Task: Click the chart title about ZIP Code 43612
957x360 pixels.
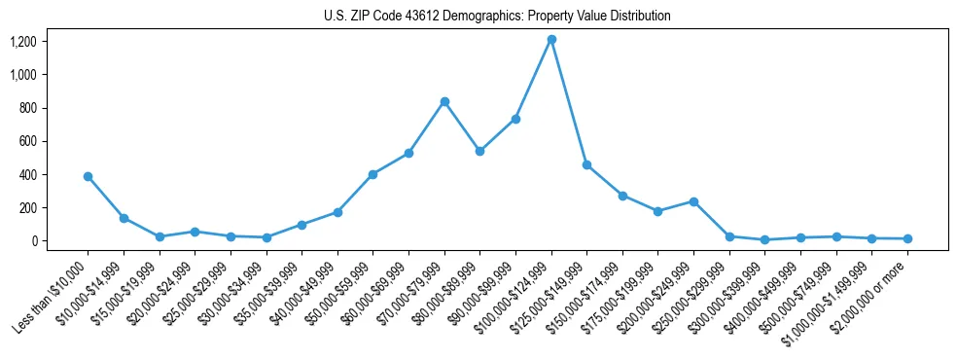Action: (x=497, y=16)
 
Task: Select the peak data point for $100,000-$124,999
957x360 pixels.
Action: (x=551, y=39)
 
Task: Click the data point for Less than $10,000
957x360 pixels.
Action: (x=88, y=176)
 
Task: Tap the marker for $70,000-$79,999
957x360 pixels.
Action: (x=444, y=101)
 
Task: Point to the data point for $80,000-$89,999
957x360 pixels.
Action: (x=479, y=151)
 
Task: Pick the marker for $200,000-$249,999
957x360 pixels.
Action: (x=693, y=201)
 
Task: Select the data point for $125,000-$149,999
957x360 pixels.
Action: (x=586, y=164)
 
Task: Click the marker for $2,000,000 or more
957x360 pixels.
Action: (x=907, y=238)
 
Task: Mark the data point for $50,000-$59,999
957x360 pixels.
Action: (x=372, y=174)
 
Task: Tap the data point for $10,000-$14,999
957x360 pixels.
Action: (x=124, y=218)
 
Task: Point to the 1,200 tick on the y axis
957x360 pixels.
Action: (x=36, y=41)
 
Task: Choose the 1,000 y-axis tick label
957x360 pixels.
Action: (x=36, y=75)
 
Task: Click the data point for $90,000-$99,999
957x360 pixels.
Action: (x=515, y=119)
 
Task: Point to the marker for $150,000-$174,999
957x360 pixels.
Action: (x=622, y=196)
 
